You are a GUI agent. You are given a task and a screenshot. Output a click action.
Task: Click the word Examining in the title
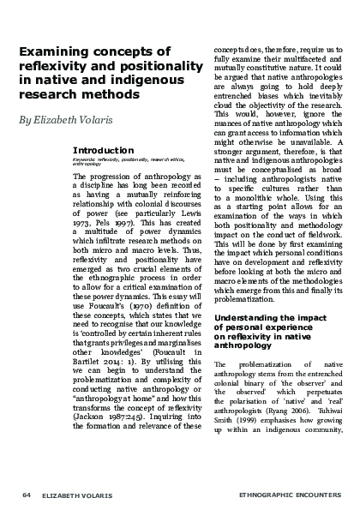coord(53,52)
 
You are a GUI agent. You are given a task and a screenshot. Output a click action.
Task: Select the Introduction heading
coord(101,150)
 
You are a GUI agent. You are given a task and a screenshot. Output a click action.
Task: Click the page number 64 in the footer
coord(27,495)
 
